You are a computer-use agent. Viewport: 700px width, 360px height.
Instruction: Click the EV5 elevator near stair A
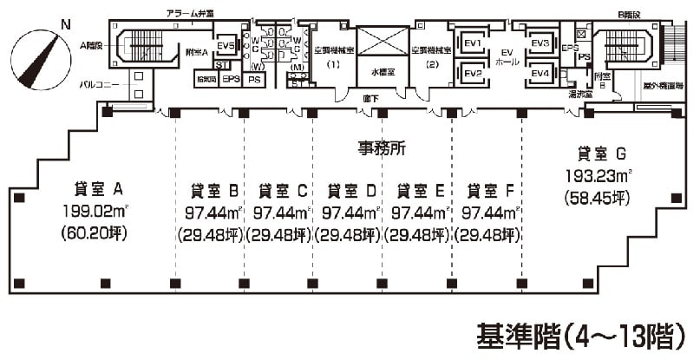[226, 46]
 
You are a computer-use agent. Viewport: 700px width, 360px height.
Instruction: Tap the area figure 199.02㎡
[95, 211]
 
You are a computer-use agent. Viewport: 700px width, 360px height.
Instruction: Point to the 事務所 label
[383, 147]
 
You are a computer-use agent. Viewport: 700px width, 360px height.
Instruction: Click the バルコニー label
[101, 84]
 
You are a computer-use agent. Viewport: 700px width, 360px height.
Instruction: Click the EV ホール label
[506, 58]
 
